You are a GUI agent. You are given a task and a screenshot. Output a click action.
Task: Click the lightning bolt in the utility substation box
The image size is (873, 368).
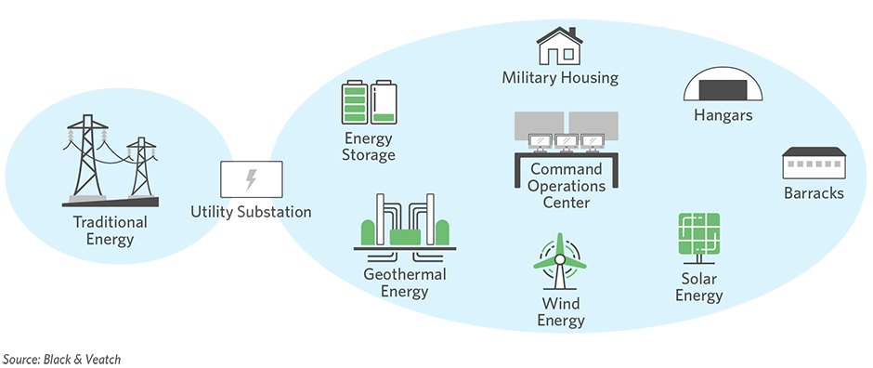251,179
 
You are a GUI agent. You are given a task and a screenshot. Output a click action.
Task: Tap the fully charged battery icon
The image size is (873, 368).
354,102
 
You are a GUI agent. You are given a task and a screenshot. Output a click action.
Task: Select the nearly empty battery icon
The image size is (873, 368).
384,102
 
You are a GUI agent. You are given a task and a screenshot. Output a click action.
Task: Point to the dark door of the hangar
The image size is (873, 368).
723,89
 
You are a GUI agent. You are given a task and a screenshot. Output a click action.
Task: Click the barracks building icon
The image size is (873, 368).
814,163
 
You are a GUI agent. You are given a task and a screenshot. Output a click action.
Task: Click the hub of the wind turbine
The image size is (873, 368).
559,260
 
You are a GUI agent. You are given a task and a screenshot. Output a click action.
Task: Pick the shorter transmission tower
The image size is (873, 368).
141,167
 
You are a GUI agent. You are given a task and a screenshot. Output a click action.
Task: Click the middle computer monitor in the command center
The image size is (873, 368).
567,141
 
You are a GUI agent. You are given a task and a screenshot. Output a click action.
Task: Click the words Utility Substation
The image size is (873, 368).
251,212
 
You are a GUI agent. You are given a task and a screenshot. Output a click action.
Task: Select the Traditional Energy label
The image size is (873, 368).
111,230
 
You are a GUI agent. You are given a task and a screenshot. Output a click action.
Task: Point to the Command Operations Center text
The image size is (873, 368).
567,185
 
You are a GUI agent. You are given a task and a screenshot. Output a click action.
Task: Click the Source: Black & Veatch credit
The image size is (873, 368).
61,359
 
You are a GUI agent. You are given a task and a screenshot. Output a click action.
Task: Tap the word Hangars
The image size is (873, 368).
723,116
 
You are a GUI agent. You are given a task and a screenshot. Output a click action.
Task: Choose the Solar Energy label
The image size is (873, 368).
698,287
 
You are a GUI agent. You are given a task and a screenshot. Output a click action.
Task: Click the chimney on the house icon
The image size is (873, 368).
572,32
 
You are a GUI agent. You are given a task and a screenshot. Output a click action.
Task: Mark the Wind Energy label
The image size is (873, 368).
561,312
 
